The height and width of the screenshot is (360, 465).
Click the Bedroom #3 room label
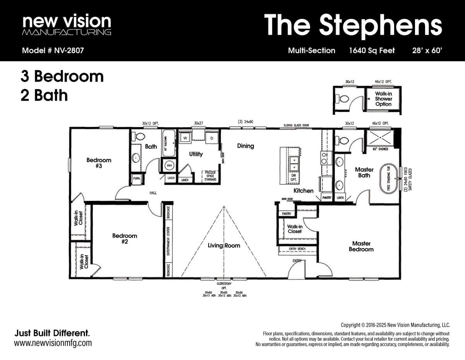[99, 163]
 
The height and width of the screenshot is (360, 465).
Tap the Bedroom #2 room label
[125, 238]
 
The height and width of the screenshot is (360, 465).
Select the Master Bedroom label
[361, 246]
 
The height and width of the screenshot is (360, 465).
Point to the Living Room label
[224, 245]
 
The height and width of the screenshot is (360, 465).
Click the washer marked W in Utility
[185, 138]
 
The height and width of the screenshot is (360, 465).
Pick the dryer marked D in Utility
[212, 138]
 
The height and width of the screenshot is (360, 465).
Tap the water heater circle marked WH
[169, 165]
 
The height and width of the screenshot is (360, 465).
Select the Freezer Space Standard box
[210, 176]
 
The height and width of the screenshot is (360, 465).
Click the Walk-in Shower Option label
[383, 99]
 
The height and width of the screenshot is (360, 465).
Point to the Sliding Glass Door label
[296, 125]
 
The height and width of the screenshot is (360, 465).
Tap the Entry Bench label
[297, 249]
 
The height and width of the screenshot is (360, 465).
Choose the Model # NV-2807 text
[53, 50]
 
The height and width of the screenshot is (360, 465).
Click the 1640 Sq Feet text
[372, 50]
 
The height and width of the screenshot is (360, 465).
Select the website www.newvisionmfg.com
[53, 343]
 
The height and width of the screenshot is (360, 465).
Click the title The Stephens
[353, 25]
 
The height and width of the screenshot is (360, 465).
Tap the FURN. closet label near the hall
[136, 178]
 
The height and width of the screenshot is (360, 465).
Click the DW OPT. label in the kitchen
[294, 177]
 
